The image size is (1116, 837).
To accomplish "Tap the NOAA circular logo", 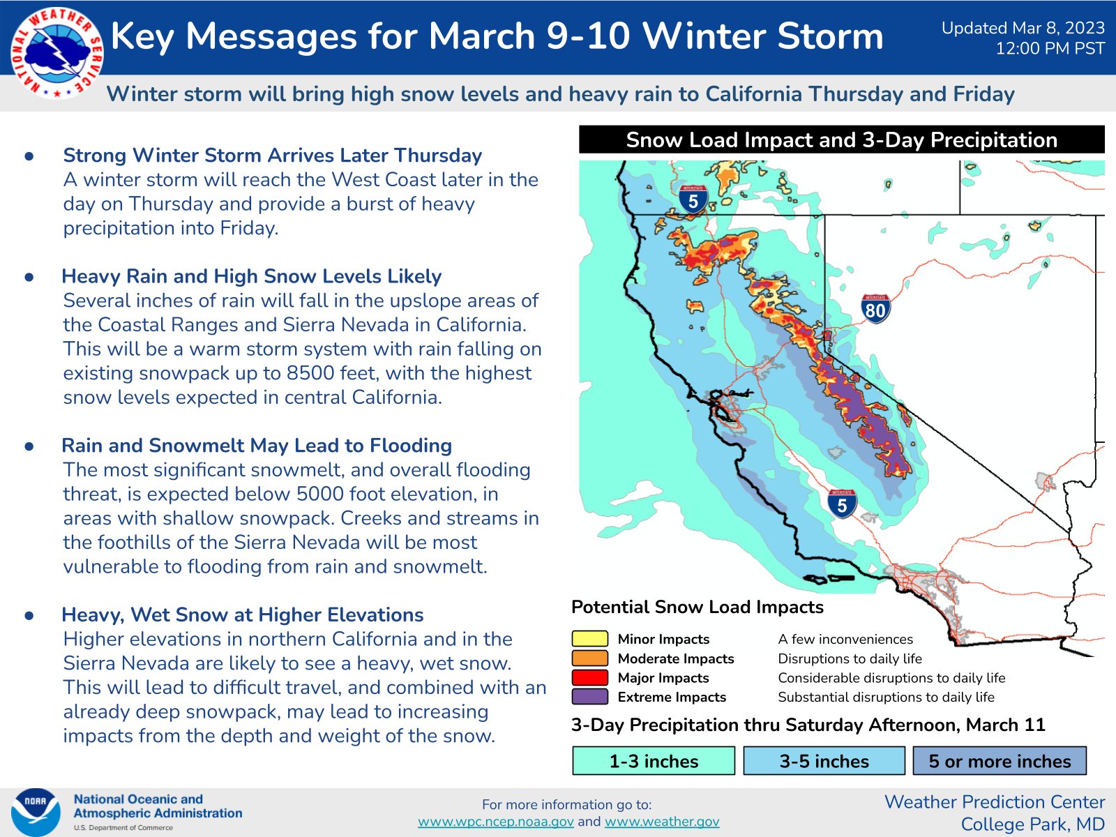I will click(35, 812).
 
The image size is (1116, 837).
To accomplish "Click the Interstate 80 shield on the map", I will click(875, 308).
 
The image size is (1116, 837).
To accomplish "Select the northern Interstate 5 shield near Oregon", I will click(693, 199).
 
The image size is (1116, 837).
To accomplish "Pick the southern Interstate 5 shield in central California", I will click(842, 503).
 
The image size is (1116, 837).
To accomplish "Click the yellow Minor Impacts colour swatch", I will click(589, 639).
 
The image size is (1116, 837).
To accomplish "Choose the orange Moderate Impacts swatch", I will click(589, 658).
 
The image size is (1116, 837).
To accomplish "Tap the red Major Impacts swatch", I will click(589, 677).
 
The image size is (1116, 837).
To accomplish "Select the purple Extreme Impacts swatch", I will click(589, 697).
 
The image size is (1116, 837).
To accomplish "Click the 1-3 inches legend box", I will click(654, 761).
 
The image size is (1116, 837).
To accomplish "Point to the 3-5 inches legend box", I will click(824, 761).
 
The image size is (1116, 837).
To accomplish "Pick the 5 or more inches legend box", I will click(1000, 761).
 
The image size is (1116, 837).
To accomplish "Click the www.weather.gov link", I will click(661, 822).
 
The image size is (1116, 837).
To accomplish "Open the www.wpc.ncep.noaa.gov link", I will click(495, 822).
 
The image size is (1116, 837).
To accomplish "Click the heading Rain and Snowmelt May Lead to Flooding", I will click(257, 446).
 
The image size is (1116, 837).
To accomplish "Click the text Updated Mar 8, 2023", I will click(1023, 28).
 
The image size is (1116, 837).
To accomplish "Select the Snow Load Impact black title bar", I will click(841, 139).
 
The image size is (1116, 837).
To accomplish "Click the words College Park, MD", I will click(1032, 824).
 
